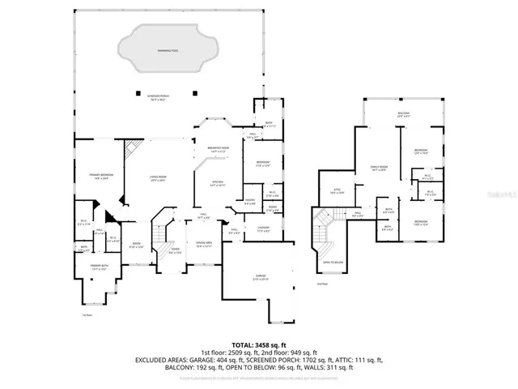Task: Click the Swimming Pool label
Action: click(170, 50)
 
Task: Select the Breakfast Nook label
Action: click(219, 148)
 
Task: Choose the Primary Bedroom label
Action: click(100, 177)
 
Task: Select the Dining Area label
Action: click(204, 243)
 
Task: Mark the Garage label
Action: click(261, 277)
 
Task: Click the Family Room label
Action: click(379, 168)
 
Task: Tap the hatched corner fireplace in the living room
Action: click(131, 148)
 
